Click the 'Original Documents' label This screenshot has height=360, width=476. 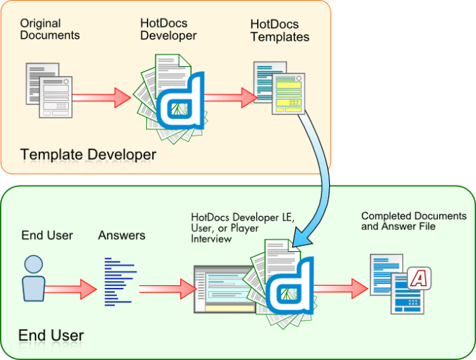click(50, 29)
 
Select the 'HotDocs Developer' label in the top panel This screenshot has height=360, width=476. click(168, 29)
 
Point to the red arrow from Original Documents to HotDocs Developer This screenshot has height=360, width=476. click(102, 97)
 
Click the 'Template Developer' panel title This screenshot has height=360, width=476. click(88, 154)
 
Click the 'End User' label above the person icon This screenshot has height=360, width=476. click(47, 235)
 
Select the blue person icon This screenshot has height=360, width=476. click(33, 278)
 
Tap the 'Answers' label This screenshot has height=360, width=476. click(122, 235)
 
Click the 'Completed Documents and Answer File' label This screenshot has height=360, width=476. click(413, 220)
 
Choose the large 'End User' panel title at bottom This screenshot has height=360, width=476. click(51, 335)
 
